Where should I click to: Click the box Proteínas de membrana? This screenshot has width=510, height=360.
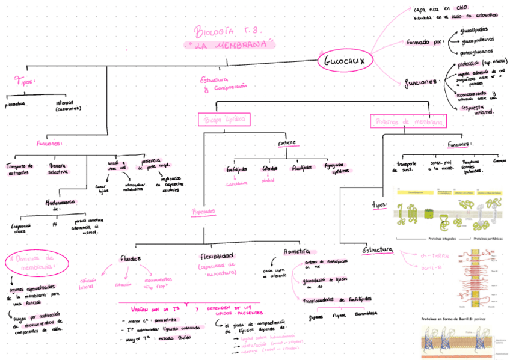click(x=408, y=121)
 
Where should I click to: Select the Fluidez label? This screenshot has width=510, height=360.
click(x=131, y=258)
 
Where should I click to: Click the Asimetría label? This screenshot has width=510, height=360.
click(x=296, y=251)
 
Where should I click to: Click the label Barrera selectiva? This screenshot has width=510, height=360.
click(x=58, y=168)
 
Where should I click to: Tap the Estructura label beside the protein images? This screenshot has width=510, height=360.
click(x=378, y=249)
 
